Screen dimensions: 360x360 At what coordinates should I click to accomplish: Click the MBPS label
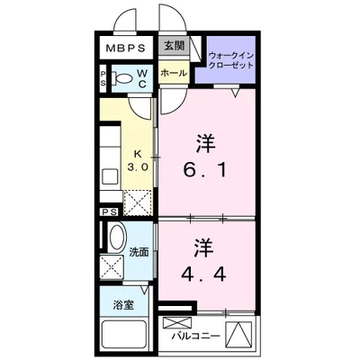point(126,48)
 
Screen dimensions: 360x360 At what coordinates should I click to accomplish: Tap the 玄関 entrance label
point(175,46)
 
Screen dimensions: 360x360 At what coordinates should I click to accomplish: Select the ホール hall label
point(174,73)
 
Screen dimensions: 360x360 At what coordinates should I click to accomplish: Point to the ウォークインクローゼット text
point(231,60)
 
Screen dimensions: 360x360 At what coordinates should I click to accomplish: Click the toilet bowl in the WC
point(123,79)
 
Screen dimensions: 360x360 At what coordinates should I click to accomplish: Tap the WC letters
point(142,78)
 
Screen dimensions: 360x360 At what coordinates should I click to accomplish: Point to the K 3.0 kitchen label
point(138,161)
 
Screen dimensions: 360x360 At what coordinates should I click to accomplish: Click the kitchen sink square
point(110,176)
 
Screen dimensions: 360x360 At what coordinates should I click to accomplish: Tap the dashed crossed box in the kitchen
point(138,202)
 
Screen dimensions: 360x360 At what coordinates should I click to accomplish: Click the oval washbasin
point(117,237)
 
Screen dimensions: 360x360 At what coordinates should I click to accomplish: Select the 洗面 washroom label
point(139,253)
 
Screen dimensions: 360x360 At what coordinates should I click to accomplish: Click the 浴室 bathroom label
point(123,305)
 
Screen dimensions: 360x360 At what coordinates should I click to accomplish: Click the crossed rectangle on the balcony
point(176,323)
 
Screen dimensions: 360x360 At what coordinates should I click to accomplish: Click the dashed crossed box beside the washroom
point(112,267)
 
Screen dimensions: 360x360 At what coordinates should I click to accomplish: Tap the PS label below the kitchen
point(110,212)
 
